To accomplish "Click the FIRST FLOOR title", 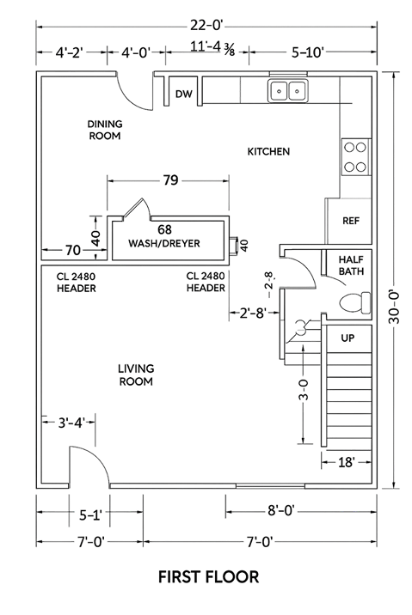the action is pos(208,577).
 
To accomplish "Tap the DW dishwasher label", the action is pos(184,94).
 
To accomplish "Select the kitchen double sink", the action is pos(288,90).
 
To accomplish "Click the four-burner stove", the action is pos(356,157).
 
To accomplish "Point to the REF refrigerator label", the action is pos(351,221).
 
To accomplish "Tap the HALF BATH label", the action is pos(351,265).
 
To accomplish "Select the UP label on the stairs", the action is pos(347,338).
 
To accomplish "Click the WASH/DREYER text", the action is pos(164,243).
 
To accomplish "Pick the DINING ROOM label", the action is pos(105,130).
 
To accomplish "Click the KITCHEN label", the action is pos(268,151).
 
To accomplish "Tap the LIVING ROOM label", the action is pos(136,375).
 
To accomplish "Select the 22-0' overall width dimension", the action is pos(207,26).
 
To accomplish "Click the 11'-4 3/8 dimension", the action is pos(212,48).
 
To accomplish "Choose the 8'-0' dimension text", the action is pos(280,511).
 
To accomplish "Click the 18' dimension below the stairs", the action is pos(346,462).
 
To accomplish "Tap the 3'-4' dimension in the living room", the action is pos(71,423).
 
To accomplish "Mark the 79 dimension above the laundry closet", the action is pos(170,180).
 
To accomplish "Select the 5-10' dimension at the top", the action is pos(308,52).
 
